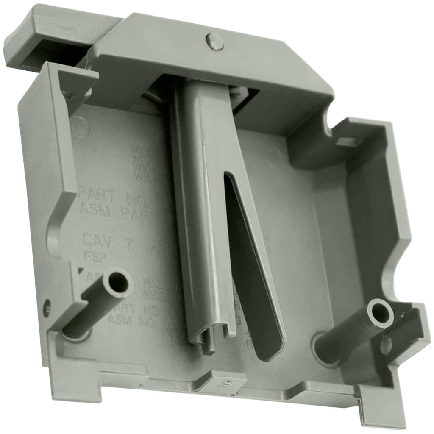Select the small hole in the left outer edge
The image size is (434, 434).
coord(47,304)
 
